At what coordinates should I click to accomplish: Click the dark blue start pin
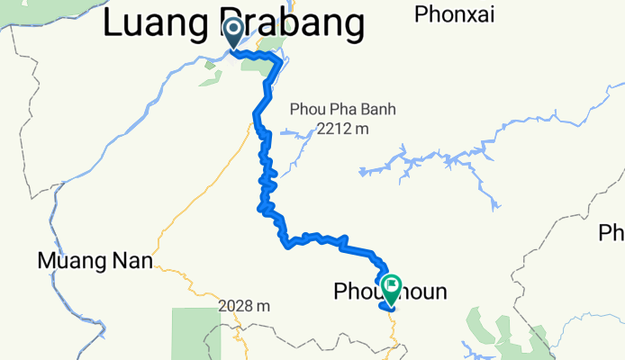(232, 32)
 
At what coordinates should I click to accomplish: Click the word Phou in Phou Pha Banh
(306, 110)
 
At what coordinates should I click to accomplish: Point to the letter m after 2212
(363, 129)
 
